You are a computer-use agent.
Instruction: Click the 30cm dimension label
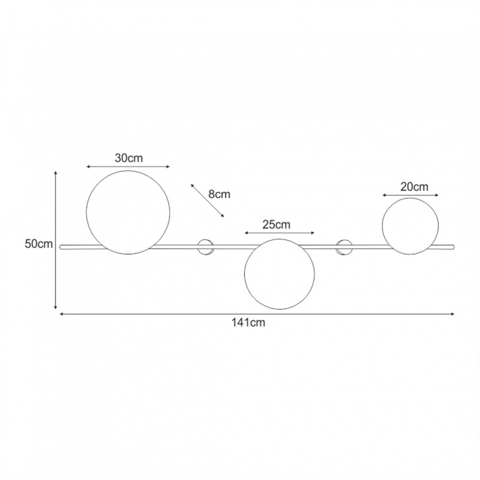128,158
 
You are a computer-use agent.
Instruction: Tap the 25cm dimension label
276,224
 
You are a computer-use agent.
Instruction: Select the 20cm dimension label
414,187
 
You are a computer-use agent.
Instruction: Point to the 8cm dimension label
219,194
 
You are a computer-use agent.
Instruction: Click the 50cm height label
38,244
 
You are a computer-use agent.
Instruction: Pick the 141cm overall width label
248,323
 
